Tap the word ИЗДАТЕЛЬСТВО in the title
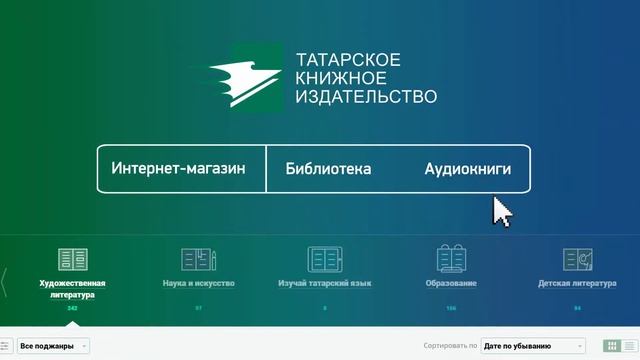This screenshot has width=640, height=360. click(366, 97)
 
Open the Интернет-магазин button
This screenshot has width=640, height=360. click(179, 169)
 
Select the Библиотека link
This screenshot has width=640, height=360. click(328, 169)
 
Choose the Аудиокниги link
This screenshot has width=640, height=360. click(467, 169)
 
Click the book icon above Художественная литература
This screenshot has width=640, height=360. click(72, 260)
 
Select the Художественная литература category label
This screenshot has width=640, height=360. click(72, 289)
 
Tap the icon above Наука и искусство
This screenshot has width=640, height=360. click(198, 260)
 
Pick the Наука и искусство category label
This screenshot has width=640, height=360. click(198, 284)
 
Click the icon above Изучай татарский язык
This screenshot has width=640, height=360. click(324, 260)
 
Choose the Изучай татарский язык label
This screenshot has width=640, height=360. click(324, 284)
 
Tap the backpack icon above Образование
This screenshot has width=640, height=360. click(451, 260)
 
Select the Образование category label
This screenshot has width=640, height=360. click(451, 284)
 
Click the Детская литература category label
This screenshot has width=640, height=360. click(577, 284)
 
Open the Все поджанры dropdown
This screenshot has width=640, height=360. click(53, 346)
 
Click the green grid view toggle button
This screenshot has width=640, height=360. click(612, 346)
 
